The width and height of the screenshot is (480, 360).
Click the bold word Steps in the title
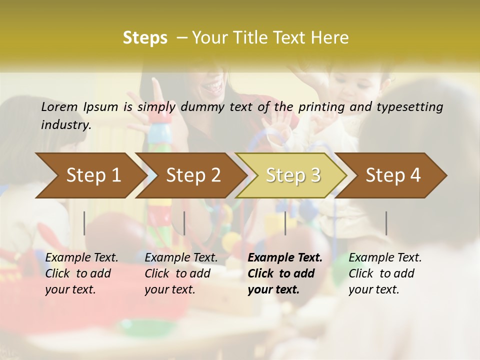[x=145, y=38]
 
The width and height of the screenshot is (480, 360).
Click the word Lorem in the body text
[x=59, y=106]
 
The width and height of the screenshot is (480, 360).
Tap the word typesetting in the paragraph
[x=411, y=106]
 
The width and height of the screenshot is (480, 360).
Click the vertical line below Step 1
[x=84, y=223]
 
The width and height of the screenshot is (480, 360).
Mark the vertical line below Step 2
[x=184, y=223]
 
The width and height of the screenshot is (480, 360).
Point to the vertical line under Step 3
[x=285, y=223]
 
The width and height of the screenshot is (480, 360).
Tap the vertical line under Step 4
[x=386, y=223]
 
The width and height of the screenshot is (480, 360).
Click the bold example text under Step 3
[x=284, y=273]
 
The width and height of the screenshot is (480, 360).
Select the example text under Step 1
[x=81, y=273]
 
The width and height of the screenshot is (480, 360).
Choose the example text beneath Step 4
[x=385, y=273]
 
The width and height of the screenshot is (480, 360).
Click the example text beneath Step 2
[x=181, y=273]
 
